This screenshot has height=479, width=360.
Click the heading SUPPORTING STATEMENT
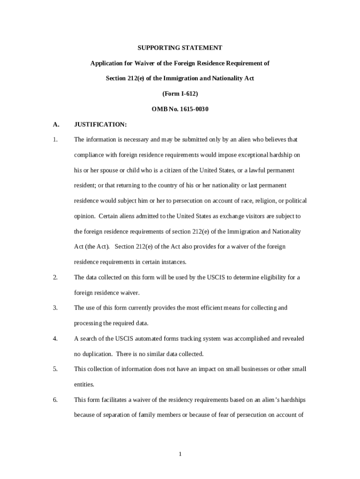pos(180,48)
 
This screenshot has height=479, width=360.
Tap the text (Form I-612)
pos(180,94)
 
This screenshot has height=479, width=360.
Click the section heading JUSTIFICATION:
pos(100,124)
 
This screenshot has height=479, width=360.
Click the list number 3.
pos(55,308)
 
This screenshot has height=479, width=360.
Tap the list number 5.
pos(55,369)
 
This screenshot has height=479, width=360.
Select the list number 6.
pos(55,400)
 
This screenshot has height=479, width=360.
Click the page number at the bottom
pos(180,454)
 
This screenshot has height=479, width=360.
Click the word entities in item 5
pos(84,385)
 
